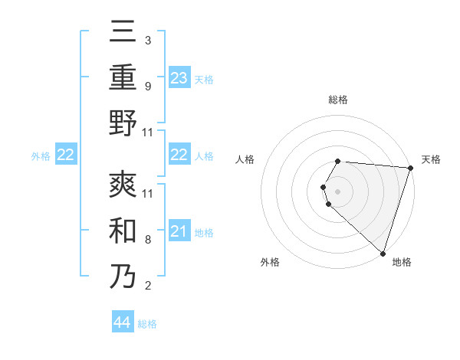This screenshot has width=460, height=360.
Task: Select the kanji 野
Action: coord(123,123)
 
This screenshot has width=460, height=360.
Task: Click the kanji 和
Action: coord(123,230)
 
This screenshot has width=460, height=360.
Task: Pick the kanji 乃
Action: coord(123,276)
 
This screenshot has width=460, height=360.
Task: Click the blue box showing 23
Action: coord(179,78)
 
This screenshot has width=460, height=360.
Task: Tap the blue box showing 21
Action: coord(179,232)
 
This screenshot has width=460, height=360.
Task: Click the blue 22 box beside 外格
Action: coord(65,155)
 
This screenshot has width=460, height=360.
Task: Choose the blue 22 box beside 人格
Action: coord(179,155)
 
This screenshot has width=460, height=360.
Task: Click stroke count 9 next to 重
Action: coord(147,86)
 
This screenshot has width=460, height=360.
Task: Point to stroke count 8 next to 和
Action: coord(147,240)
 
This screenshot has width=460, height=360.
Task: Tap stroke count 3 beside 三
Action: coord(147,40)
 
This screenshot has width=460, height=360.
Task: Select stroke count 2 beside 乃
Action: coord(147,286)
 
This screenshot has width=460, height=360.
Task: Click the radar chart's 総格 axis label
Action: coord(338,100)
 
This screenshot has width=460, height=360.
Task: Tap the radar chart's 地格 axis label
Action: coord(402,262)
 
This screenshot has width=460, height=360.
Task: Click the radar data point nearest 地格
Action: coord(383,253)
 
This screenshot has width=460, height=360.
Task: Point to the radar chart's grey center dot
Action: coord(338,191)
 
